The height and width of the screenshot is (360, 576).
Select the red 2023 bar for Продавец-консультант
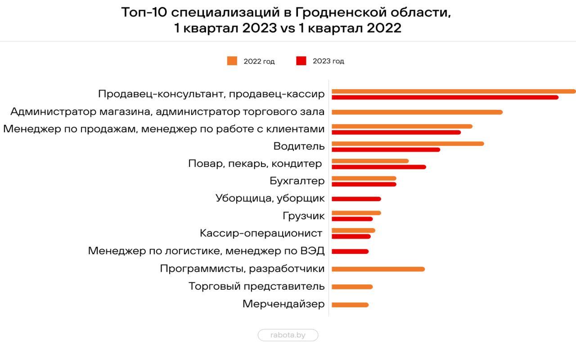point(445,97)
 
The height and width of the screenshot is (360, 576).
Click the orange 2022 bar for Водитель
point(408,144)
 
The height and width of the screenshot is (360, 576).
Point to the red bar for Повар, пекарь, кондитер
point(378,167)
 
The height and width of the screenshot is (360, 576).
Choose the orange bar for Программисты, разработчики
point(378,269)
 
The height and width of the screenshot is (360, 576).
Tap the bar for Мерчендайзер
point(350,305)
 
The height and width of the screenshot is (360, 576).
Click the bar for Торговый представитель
point(352,287)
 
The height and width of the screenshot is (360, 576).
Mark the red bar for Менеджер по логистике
point(350,252)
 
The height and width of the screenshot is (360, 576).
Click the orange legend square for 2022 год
point(232,61)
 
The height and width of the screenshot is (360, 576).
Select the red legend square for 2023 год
point(301,61)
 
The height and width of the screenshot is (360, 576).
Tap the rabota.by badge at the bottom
point(288,335)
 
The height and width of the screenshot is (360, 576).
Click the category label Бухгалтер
point(297,181)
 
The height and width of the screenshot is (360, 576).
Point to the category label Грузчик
point(303,216)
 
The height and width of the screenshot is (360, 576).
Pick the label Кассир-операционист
point(261,234)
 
